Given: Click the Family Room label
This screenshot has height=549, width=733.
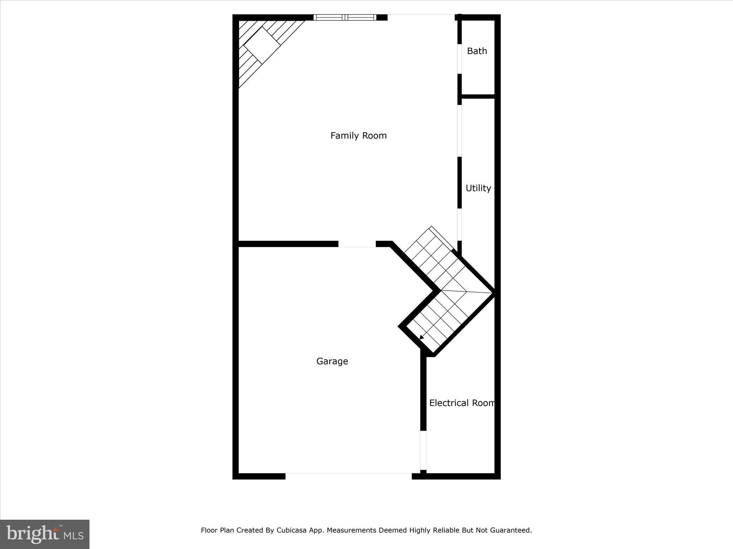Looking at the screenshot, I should point(358,136).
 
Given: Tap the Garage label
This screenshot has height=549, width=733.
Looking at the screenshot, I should point(332,361).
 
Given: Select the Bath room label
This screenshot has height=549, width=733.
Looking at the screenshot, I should point(477,51).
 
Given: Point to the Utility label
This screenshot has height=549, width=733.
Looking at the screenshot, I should point(478,188).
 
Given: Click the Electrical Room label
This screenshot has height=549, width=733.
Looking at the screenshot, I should point(462,403).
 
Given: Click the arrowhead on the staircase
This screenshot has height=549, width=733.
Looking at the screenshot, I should point(422,337).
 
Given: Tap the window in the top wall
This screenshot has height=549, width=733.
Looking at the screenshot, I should point(345,17).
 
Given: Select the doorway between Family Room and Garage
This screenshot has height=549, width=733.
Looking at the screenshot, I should point(357,244).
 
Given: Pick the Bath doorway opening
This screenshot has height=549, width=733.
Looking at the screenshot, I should point(460,59).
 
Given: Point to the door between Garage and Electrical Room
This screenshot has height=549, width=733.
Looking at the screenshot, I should point(423,450).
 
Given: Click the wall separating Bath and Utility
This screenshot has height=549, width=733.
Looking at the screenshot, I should point(478,97).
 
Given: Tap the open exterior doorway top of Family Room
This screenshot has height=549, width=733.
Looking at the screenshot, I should point(421,17).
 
